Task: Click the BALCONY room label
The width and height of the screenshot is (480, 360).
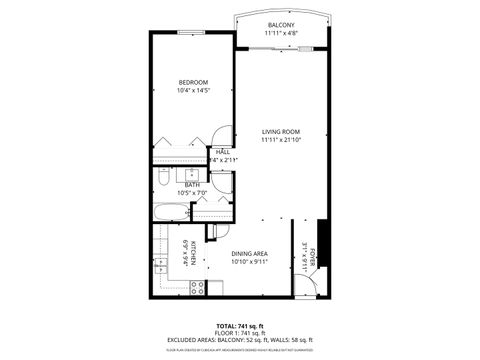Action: (x=282, y=25)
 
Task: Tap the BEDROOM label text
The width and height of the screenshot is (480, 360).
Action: (x=193, y=82)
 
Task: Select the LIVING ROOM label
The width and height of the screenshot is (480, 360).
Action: (x=281, y=131)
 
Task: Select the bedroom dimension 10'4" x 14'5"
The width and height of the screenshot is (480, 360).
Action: (x=193, y=91)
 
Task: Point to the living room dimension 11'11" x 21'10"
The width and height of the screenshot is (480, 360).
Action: (x=281, y=140)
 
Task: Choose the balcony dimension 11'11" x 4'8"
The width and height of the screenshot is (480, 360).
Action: (x=282, y=33)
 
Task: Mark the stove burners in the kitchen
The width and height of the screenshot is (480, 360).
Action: (x=198, y=287)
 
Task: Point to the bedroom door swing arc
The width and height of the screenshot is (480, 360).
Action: (x=222, y=135)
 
